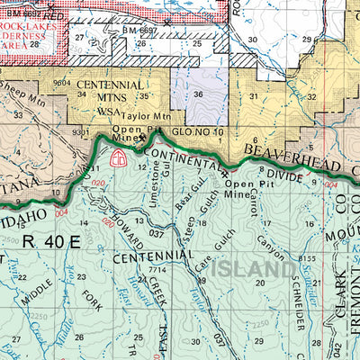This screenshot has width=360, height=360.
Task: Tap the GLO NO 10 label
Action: (x=196, y=131)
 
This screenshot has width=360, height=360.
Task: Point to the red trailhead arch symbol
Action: (x=116, y=157)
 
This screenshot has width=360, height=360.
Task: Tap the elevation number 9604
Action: (x=62, y=82)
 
